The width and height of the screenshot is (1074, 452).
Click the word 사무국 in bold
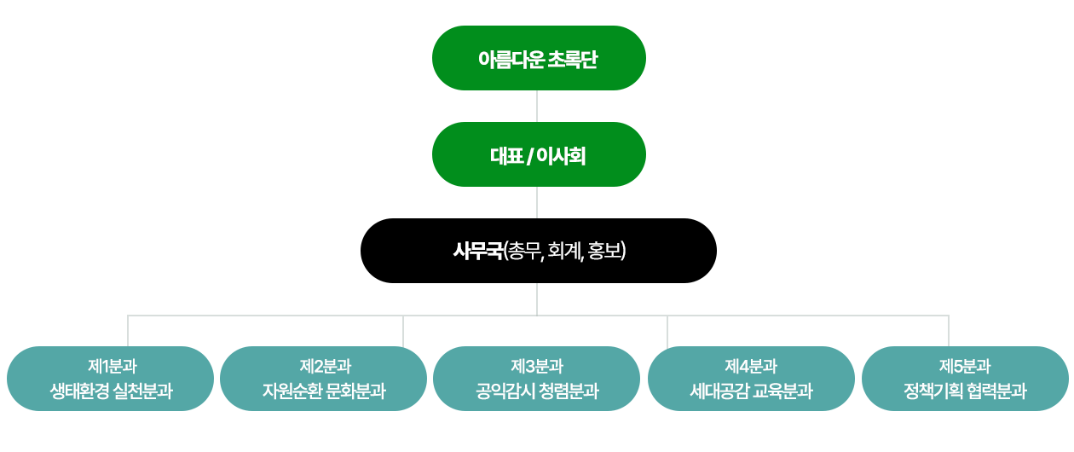pos(478,251)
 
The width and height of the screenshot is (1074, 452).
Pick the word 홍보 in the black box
pos(607,251)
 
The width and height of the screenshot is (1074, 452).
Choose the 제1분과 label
pos(112,367)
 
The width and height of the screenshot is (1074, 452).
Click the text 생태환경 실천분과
pos(112,391)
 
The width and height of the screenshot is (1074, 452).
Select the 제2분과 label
pos(325,367)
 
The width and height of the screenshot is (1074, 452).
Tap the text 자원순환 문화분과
pos(325,391)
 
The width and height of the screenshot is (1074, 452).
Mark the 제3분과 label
pos(537,367)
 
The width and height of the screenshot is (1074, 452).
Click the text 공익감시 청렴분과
pos(537,391)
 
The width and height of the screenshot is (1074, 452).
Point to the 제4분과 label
pos(751,367)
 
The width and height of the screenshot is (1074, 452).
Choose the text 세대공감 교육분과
pos(751,391)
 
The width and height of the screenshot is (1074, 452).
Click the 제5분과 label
pos(965,367)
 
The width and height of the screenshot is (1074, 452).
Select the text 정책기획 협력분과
pos(965,391)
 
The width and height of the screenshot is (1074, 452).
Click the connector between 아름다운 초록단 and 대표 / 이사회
pos(537,106)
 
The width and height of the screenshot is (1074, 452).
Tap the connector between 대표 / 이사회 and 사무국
pos(537,202)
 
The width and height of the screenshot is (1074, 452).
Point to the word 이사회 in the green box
pos(561,155)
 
